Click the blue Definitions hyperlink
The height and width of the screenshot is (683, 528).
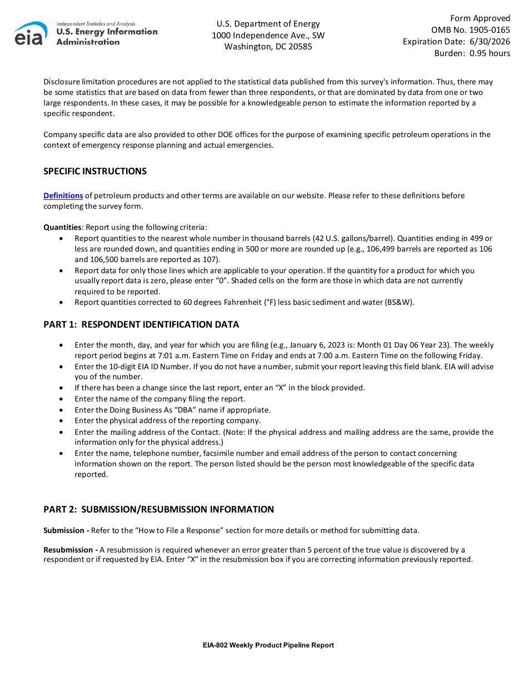[63, 195]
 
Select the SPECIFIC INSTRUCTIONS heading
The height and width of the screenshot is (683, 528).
[95, 171]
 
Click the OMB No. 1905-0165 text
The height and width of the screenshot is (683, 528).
[470, 30]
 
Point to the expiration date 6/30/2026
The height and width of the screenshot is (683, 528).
[490, 42]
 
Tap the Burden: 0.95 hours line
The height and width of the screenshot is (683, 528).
[472, 53]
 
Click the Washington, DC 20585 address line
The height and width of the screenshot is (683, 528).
[268, 47]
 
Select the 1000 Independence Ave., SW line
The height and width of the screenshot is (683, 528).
[268, 36]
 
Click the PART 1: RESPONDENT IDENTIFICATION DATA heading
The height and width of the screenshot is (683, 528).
[141, 324]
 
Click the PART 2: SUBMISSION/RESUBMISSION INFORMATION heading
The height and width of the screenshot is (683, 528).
[158, 509]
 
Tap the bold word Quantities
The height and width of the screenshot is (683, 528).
[62, 227]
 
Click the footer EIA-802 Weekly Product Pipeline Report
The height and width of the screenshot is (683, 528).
[268, 645]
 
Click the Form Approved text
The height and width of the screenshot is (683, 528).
[480, 18]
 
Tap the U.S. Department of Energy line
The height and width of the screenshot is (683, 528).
[268, 24]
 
